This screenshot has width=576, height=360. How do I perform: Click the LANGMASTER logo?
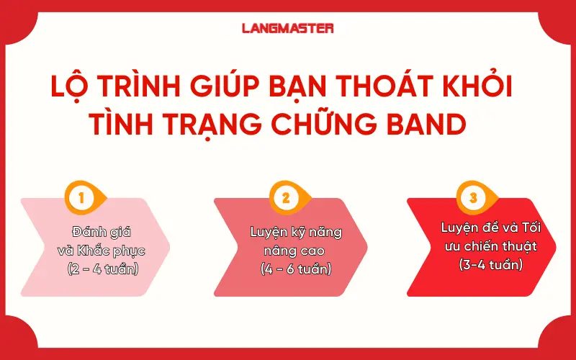tap(287, 29)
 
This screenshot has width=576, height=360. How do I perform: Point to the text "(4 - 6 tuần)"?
tap(296, 270)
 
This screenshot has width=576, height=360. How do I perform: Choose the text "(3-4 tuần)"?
tap(490, 264)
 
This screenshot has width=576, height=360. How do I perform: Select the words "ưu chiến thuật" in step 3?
tap(490, 246)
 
